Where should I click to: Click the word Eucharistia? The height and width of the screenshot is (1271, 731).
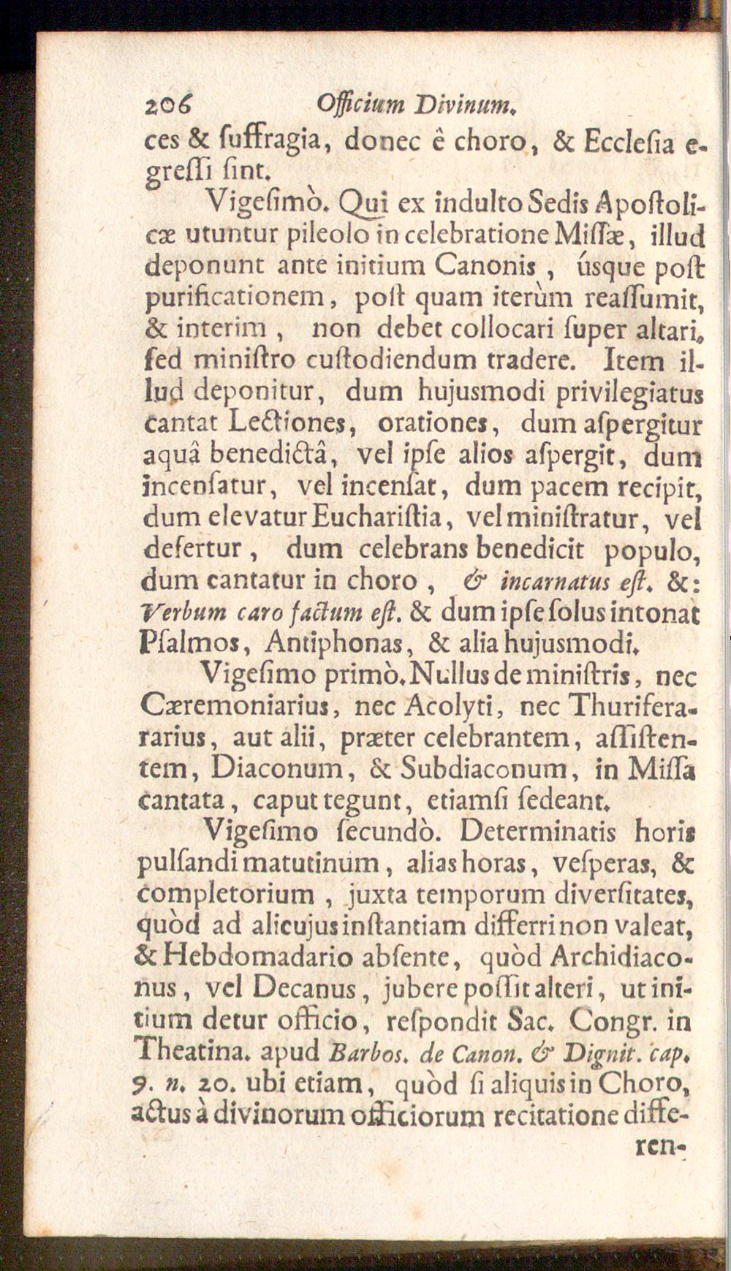click(x=387, y=517)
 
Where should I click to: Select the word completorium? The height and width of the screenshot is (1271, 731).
click(x=226, y=894)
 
